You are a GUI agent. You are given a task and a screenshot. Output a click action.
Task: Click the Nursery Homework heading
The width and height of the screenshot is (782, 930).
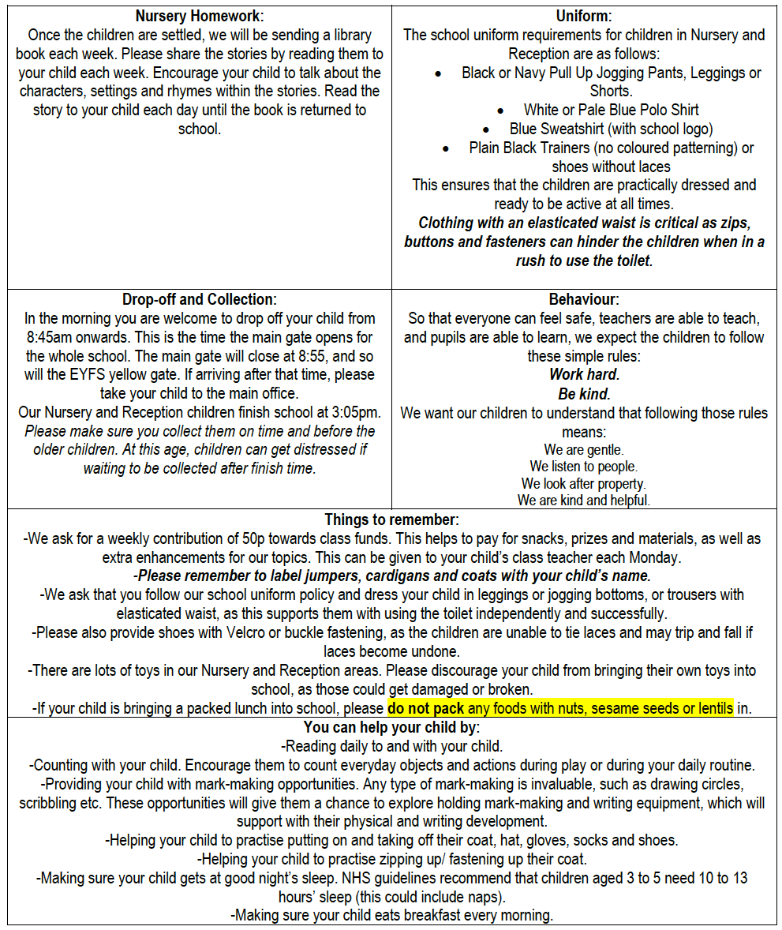(199, 16)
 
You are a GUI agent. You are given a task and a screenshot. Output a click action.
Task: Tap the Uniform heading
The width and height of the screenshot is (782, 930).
(583, 16)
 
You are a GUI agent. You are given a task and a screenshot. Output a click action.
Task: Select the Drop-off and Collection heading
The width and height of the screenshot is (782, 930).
(199, 300)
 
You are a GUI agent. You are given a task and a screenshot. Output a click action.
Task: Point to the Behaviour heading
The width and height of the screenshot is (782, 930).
(584, 300)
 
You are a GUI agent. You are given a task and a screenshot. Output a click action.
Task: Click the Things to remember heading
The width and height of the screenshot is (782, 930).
(391, 520)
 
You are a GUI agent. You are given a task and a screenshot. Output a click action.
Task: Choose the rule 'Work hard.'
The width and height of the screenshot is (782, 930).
(584, 375)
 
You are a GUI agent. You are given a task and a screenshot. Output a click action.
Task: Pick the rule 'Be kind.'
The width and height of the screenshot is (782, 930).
(584, 394)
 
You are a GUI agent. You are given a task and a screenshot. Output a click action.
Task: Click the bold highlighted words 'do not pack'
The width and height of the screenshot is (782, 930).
(426, 708)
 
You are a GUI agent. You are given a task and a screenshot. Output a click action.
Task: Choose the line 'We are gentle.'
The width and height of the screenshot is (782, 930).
(584, 450)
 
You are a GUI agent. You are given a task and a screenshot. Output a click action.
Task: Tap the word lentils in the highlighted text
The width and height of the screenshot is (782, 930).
(711, 708)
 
